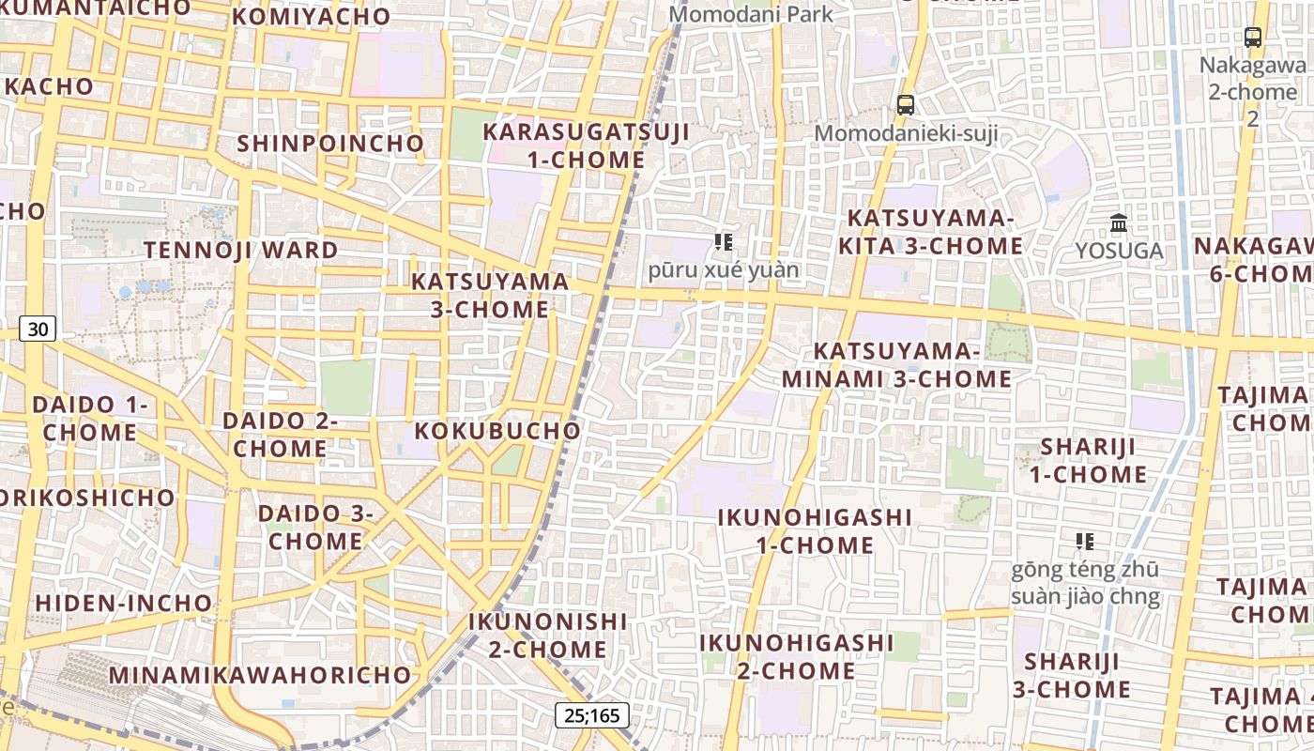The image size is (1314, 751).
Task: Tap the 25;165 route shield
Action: tap(591, 715)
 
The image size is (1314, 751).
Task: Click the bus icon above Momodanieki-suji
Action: tap(905, 104)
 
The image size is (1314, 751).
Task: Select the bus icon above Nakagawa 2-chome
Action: tap(1252, 38)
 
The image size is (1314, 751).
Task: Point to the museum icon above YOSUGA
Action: tap(1119, 223)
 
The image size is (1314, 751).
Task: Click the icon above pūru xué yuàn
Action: tap(723, 242)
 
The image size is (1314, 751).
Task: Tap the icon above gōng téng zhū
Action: tap(1085, 542)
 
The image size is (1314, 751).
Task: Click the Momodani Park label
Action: tap(750, 14)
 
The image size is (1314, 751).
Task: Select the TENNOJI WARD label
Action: tap(240, 250)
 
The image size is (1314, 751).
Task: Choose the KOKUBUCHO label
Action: tap(497, 430)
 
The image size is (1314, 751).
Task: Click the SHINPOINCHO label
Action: tap(330, 143)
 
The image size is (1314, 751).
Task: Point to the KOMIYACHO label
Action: tap(311, 16)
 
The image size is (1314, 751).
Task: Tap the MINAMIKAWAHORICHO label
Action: tap(260, 674)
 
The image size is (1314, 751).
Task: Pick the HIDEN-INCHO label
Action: tap(124, 602)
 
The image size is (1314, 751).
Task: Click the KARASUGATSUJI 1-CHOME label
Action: tap(586, 146)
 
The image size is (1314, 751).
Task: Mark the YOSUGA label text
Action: tap(1119, 251)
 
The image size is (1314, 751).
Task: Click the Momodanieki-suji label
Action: tap(906, 133)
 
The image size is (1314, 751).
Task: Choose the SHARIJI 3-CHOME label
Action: tap(1071, 675)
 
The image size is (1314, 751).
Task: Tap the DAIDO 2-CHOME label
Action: tap(280, 434)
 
